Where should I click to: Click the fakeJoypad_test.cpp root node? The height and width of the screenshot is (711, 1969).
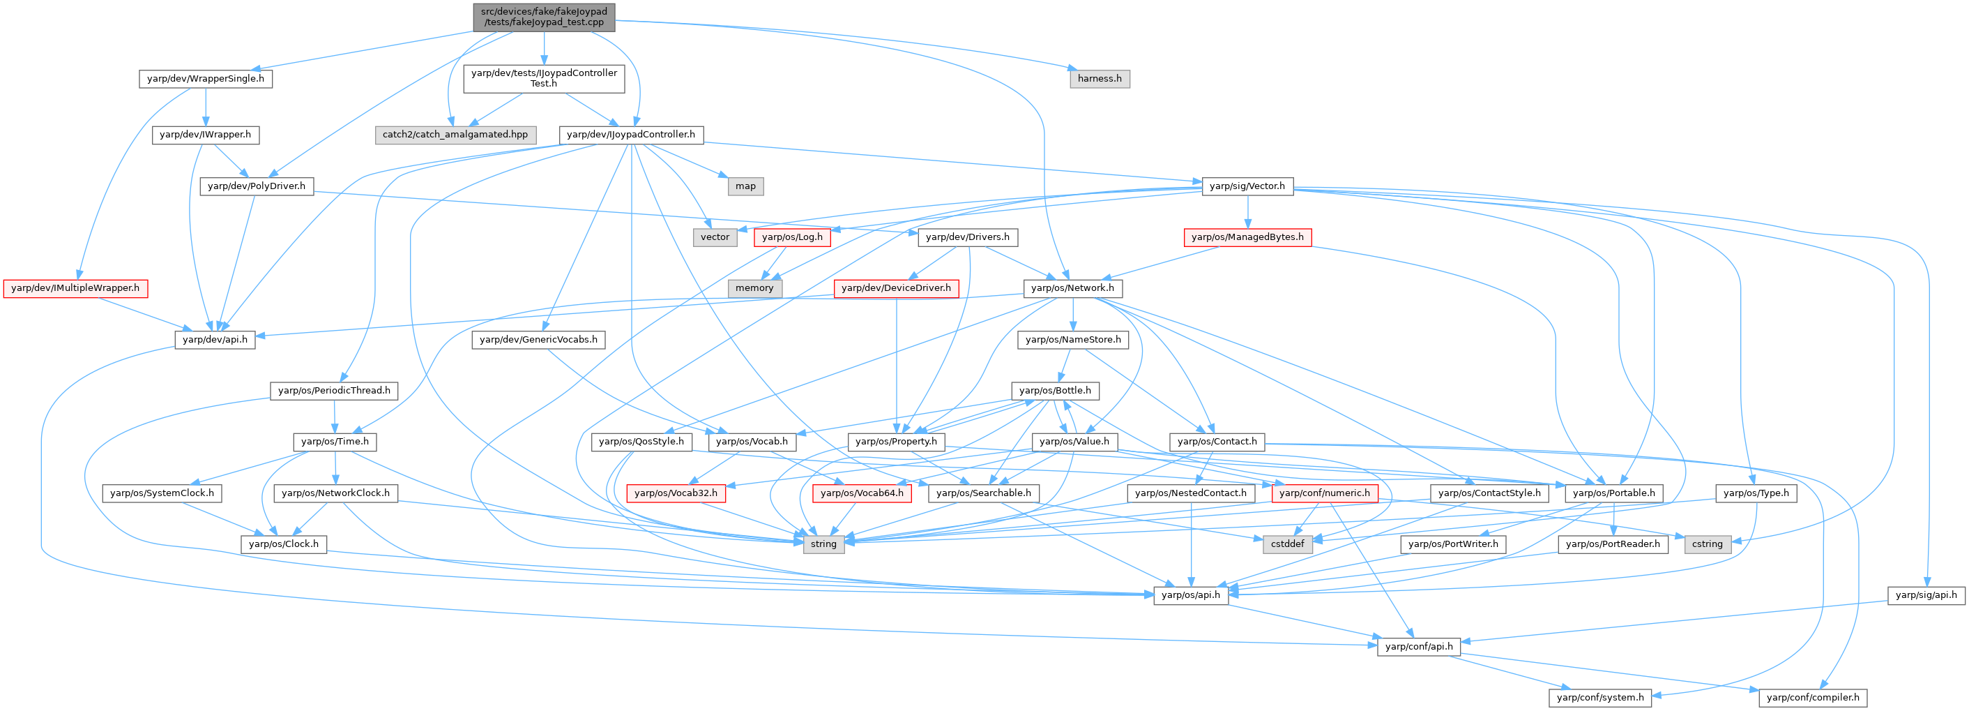pyautogui.click(x=543, y=17)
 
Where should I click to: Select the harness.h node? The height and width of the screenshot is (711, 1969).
pyautogui.click(x=1099, y=79)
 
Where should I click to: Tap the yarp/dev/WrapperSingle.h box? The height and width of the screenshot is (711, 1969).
pyautogui.click(x=206, y=79)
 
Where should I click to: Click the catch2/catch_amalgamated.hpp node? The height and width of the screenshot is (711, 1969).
pyautogui.click(x=455, y=135)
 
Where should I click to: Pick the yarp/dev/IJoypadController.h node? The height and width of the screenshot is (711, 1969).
pyautogui.click(x=630, y=135)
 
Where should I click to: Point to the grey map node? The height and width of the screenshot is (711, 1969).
pyautogui.click(x=745, y=186)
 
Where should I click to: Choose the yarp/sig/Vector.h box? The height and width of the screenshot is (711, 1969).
pyautogui.click(x=1247, y=186)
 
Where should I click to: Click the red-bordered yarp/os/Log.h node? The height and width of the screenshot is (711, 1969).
pyautogui.click(x=792, y=237)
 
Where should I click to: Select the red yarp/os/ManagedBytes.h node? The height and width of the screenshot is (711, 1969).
pyautogui.click(x=1247, y=237)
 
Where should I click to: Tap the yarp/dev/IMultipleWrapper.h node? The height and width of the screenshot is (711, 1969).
pyautogui.click(x=75, y=288)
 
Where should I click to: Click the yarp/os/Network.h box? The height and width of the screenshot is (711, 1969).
pyautogui.click(x=1072, y=288)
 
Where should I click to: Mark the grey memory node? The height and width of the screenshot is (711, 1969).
pyautogui.click(x=754, y=288)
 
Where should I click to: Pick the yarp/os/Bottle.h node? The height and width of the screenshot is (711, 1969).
pyautogui.click(x=1055, y=391)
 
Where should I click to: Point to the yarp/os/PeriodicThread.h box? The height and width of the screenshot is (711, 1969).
pyautogui.click(x=334, y=391)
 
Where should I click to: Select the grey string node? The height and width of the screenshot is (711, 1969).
pyautogui.click(x=823, y=544)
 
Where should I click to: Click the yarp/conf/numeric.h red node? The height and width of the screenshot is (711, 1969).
pyautogui.click(x=1325, y=493)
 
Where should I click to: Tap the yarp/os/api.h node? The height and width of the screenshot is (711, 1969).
pyautogui.click(x=1190, y=594)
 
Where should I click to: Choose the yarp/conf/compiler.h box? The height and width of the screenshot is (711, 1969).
pyautogui.click(x=1812, y=697)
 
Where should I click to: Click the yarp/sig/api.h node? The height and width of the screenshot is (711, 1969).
pyautogui.click(x=1926, y=594)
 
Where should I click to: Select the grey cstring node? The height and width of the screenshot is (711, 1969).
pyautogui.click(x=1707, y=544)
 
